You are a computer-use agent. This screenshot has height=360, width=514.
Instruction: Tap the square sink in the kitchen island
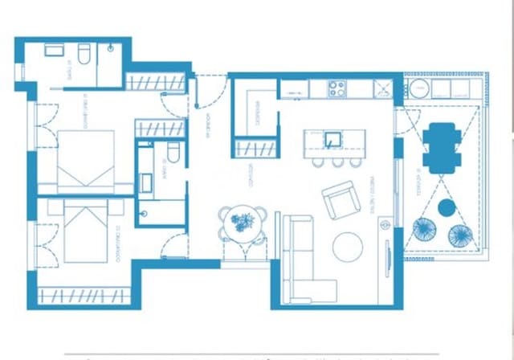333,138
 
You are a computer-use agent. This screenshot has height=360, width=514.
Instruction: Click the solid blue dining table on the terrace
439,147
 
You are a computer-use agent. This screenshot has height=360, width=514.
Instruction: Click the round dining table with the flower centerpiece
242,223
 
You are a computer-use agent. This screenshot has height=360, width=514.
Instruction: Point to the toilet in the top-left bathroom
82,53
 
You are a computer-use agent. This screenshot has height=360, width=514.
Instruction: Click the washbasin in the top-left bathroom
55,50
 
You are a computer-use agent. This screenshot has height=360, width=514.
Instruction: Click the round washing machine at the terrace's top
441,88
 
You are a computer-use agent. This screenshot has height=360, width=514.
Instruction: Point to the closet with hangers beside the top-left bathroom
156,82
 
